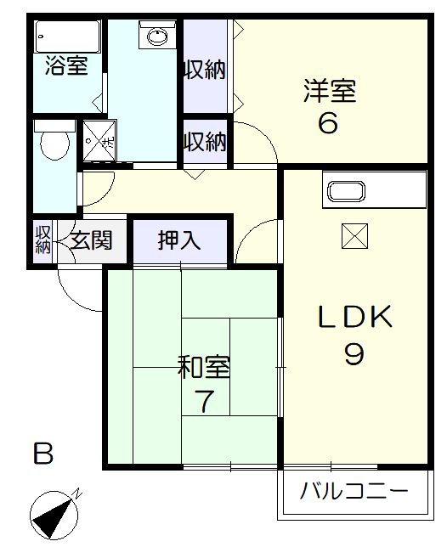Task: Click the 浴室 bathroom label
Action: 67,65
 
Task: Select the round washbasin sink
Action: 157,36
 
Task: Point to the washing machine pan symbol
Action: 99,139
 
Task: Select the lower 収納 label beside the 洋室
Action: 206,139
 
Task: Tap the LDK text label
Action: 355,319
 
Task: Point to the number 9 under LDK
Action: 354,352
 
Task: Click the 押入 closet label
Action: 180,240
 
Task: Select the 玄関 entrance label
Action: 91,240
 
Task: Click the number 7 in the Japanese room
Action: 204,400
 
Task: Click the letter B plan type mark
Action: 43,454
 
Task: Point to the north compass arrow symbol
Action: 54,514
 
